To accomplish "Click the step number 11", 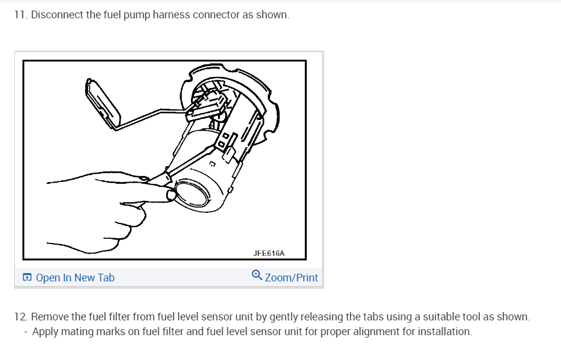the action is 21,15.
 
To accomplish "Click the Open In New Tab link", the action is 75,278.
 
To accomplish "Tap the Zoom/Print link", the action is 291,278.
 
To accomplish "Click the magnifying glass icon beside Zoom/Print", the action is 257,275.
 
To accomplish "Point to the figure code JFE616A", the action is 269,254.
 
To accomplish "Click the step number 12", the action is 21,317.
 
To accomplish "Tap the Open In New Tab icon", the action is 27,277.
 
